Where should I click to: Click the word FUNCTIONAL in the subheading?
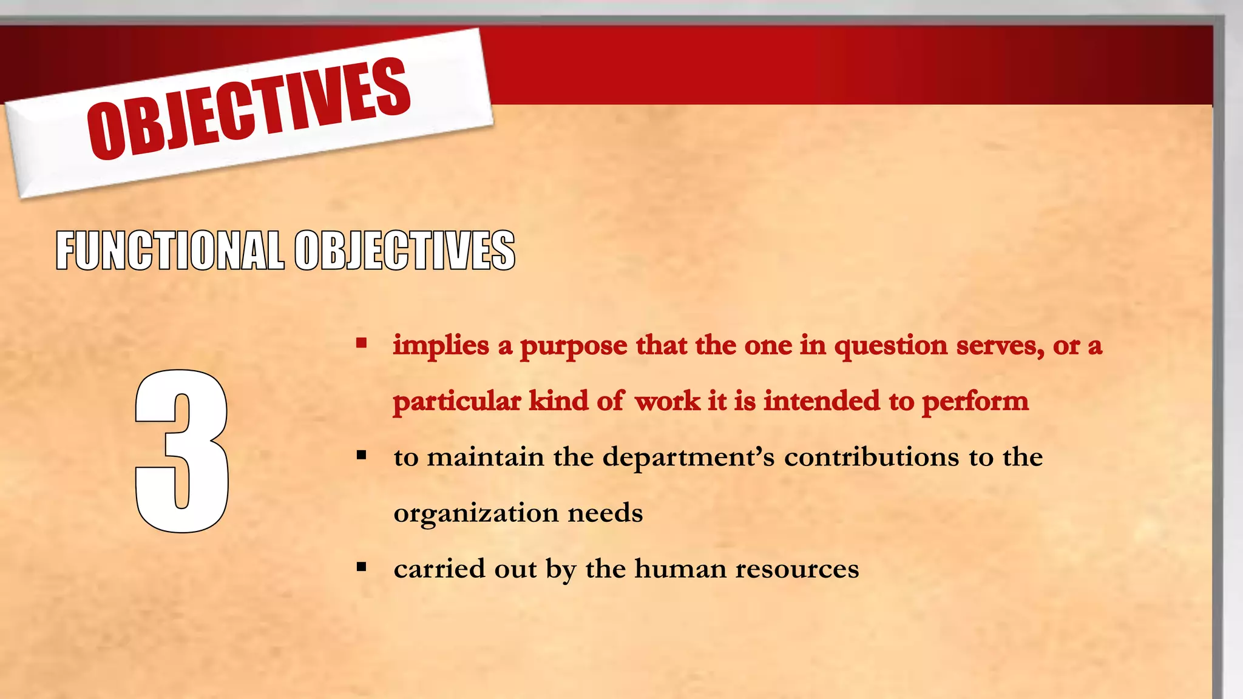coord(170,250)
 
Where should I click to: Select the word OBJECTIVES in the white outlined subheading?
coord(405,250)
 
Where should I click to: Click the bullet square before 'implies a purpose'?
coord(362,343)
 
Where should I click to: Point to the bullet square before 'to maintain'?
coord(362,455)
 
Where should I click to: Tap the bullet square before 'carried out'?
coord(362,567)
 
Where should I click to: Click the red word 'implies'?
coord(441,346)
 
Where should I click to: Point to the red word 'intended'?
coord(821,401)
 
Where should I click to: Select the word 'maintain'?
coord(486,457)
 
